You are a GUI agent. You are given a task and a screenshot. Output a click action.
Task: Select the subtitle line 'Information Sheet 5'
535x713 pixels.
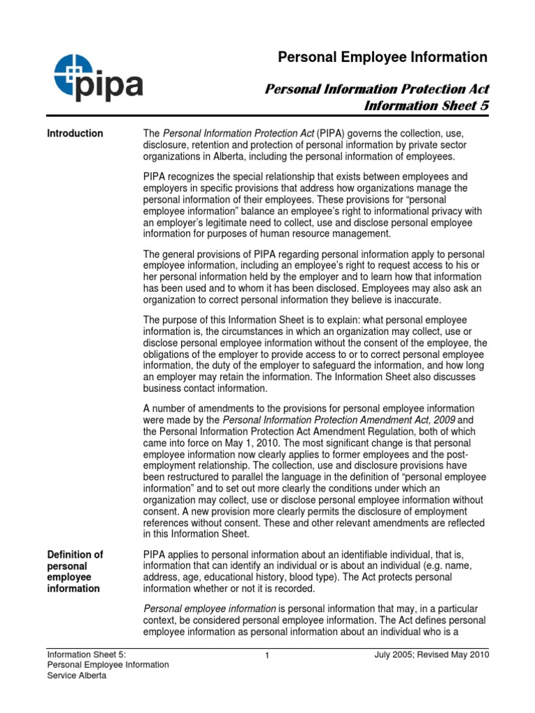click(427, 106)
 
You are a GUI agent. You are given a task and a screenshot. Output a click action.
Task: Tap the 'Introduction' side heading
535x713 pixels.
click(75, 134)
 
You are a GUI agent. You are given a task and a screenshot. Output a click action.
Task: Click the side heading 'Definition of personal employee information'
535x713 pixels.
click(75, 572)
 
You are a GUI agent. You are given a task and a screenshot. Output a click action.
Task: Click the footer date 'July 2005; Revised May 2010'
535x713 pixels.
click(432, 655)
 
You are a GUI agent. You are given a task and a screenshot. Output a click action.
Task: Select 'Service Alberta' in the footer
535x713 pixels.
click(77, 676)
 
